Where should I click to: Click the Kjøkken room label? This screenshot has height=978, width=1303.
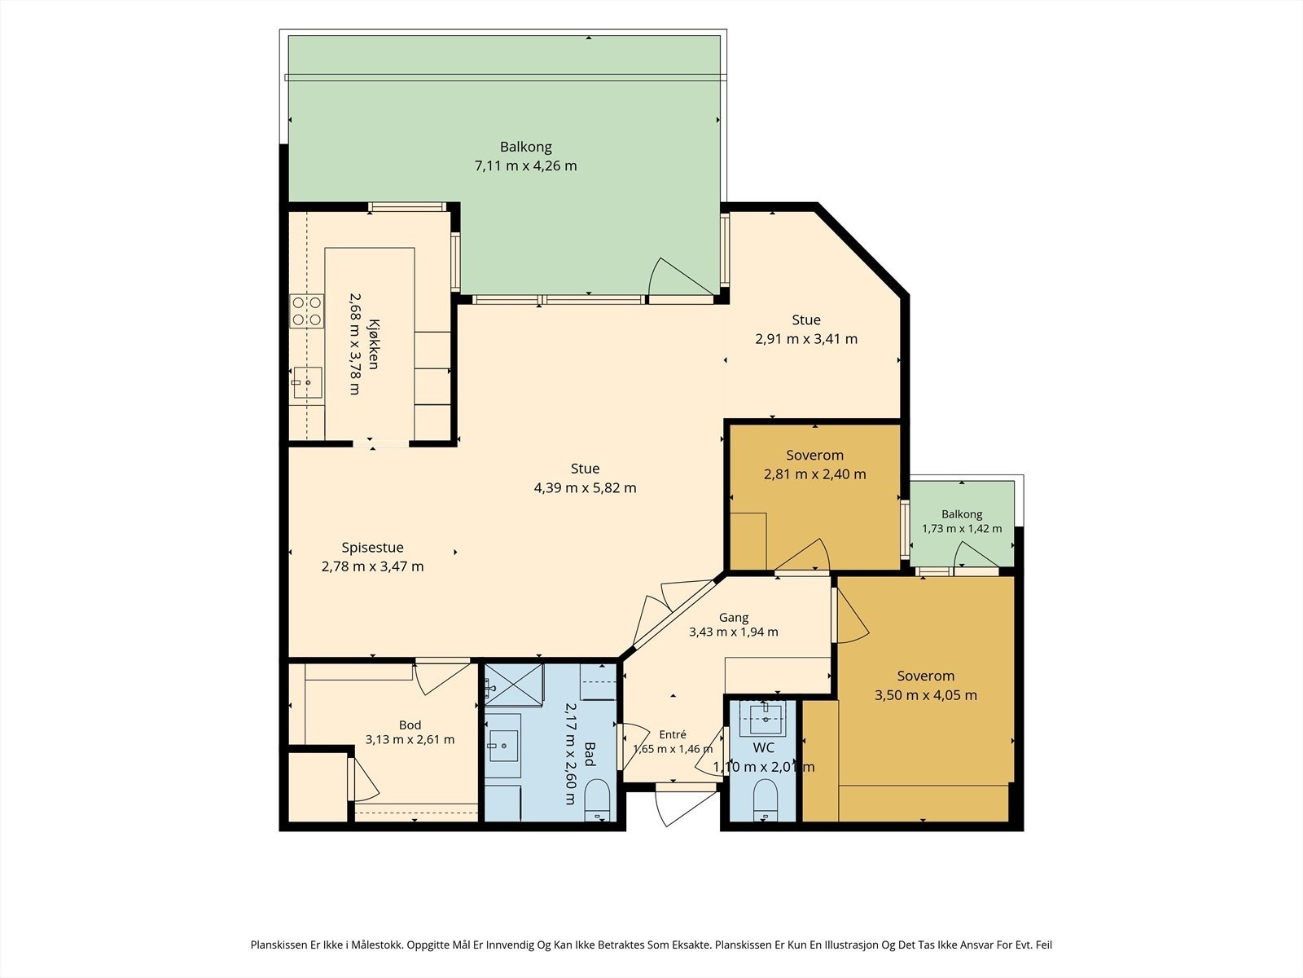click(x=373, y=345)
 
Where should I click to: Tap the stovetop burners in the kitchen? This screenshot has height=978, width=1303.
click(x=307, y=311)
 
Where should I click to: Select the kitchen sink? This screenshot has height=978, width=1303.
click(x=307, y=382)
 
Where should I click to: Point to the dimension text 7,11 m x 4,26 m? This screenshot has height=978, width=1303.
click(x=525, y=165)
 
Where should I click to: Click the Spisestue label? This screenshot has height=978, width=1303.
click(x=372, y=548)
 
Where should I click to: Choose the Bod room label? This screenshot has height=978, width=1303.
click(x=410, y=725)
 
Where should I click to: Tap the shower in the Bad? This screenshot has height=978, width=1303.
click(x=514, y=685)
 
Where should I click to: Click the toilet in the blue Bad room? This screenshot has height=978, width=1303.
click(x=597, y=800)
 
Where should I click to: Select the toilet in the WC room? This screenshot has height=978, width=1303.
click(x=766, y=800)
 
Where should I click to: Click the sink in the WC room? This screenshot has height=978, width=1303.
click(x=767, y=718)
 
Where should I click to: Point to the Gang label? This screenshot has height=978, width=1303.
click(x=734, y=618)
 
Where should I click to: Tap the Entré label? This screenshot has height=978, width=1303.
click(x=673, y=734)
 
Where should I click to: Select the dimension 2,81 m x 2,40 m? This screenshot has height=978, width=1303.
click(x=814, y=474)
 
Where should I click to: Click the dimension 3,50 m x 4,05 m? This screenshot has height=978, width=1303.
click(x=925, y=694)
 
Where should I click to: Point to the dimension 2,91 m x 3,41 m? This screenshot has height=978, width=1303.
click(x=806, y=339)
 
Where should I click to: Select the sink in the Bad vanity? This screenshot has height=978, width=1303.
click(x=502, y=745)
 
